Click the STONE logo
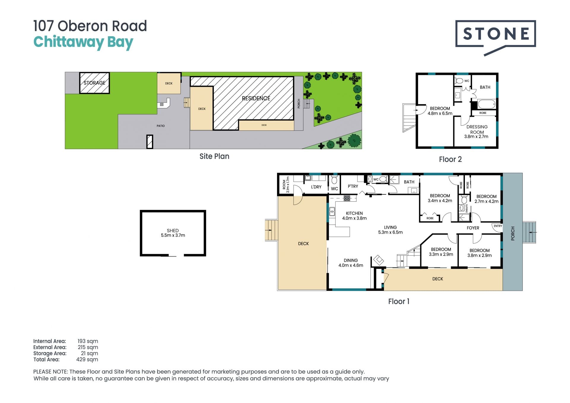coord(495,37)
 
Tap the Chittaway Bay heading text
coord(83,42)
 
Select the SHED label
coord(173,230)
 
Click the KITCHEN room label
coord(354,213)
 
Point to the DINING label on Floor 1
coord(351,260)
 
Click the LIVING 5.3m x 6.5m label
coord(390,230)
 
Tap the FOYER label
coord(473,228)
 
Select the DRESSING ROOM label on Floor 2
coord(477,129)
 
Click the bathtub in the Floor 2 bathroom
coord(487,104)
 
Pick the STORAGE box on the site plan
coord(94,83)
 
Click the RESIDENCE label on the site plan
coord(256,98)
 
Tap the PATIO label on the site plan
coord(161,126)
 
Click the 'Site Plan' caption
coord(214,156)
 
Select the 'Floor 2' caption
coord(450,159)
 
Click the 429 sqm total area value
coord(87,359)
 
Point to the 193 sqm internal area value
coord(88,341)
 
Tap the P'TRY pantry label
coord(353,186)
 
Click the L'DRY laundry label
coord(316,187)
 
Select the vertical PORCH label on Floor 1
coord(513,233)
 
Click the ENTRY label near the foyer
coord(498,226)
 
